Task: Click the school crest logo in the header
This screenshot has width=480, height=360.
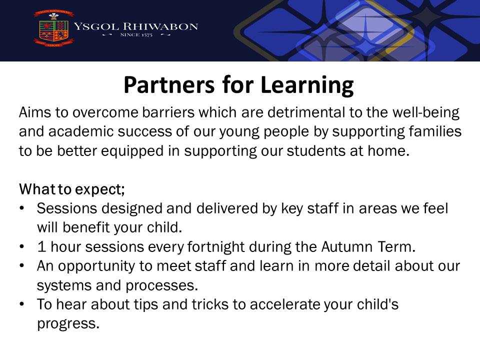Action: tap(54, 28)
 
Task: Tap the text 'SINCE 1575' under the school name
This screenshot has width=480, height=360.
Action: tap(136, 35)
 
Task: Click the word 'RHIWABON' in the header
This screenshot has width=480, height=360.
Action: tap(160, 26)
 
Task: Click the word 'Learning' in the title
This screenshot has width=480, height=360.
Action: tap(307, 85)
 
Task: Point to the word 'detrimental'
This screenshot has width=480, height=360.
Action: tap(306, 112)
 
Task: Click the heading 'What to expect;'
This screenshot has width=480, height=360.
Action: tap(72, 189)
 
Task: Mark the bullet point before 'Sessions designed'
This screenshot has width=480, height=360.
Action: tap(21, 208)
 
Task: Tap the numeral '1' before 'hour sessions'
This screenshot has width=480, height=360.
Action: tap(41, 246)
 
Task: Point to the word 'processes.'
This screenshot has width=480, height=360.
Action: tap(162, 286)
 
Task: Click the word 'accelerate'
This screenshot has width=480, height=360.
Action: tap(285, 304)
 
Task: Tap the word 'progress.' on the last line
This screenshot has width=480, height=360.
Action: tap(68, 324)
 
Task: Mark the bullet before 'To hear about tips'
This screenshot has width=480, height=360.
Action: tap(21, 304)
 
